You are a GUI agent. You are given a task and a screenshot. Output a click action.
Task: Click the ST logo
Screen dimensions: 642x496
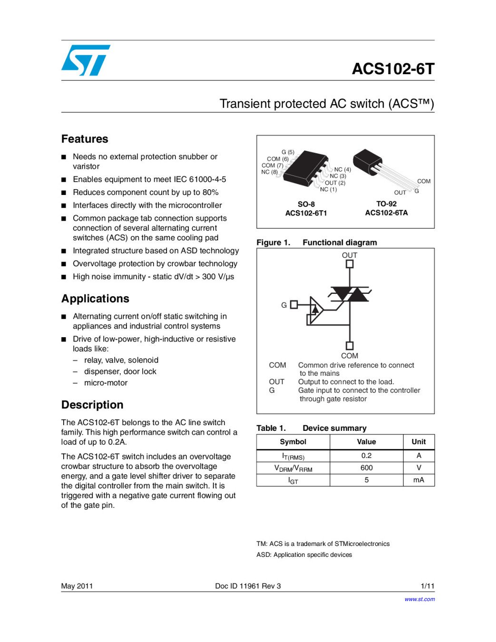tap(86, 60)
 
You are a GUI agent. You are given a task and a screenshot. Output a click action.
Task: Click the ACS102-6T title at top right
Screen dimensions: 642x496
tap(393, 69)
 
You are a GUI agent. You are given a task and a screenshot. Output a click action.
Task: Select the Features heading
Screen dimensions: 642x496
tap(85, 139)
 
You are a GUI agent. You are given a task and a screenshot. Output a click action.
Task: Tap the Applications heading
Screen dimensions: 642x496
tap(95, 299)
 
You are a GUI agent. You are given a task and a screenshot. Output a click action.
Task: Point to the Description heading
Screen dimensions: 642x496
tap(92, 405)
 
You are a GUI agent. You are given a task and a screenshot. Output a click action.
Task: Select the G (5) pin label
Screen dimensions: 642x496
tap(288, 152)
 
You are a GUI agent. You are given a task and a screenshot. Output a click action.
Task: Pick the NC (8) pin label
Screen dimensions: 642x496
tap(269, 172)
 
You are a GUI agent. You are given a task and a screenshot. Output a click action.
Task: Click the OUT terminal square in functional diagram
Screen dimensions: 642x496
tap(350, 264)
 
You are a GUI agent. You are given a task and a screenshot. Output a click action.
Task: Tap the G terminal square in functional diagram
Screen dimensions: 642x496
tap(294, 305)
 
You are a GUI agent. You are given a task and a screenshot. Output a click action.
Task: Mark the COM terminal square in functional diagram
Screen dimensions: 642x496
tap(350, 346)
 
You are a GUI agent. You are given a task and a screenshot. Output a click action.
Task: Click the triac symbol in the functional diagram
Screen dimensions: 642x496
tap(350, 294)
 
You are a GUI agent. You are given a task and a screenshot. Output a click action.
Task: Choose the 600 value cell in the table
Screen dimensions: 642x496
tap(366, 468)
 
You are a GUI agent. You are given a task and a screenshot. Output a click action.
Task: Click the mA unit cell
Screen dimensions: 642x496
tap(418, 480)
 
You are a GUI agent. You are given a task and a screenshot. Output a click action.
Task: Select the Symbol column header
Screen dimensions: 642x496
tap(293, 442)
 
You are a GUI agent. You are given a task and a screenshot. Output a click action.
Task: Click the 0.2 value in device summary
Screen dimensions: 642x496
tap(366, 456)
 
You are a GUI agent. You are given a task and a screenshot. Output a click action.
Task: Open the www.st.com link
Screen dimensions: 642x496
tap(419, 599)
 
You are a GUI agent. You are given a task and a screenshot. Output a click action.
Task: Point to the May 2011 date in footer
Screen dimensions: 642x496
tap(77, 586)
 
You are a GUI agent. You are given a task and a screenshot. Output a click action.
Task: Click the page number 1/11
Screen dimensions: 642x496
tap(428, 586)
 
